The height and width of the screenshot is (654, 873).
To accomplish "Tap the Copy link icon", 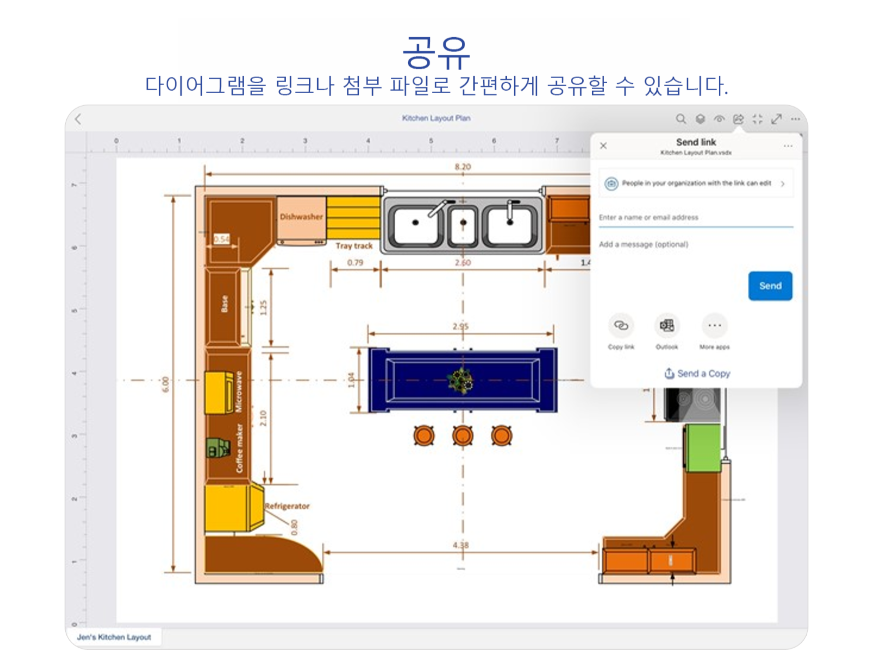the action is pyautogui.click(x=621, y=326).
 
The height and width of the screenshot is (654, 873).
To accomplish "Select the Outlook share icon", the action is pyautogui.click(x=667, y=326).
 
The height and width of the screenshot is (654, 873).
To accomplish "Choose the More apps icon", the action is pyautogui.click(x=714, y=326).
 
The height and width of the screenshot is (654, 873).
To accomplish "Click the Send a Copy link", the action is pyautogui.click(x=697, y=373).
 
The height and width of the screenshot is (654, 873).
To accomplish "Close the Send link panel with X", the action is pyautogui.click(x=603, y=146).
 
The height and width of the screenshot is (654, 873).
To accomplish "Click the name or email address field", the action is pyautogui.click(x=695, y=217).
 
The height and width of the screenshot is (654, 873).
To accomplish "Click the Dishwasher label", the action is pyautogui.click(x=301, y=217).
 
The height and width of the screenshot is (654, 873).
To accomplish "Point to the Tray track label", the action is pyautogui.click(x=354, y=246).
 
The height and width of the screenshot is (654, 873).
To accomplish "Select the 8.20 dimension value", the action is pyautogui.click(x=463, y=167).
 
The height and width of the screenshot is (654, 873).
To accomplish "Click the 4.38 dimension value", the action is pyautogui.click(x=460, y=545).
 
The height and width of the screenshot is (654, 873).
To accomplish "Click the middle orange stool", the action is pyautogui.click(x=463, y=436).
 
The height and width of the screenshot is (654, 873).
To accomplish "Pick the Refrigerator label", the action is pyautogui.click(x=287, y=506).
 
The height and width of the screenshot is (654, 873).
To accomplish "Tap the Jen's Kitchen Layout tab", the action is pyautogui.click(x=114, y=637).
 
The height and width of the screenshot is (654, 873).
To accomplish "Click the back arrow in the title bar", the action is pyautogui.click(x=78, y=119).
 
